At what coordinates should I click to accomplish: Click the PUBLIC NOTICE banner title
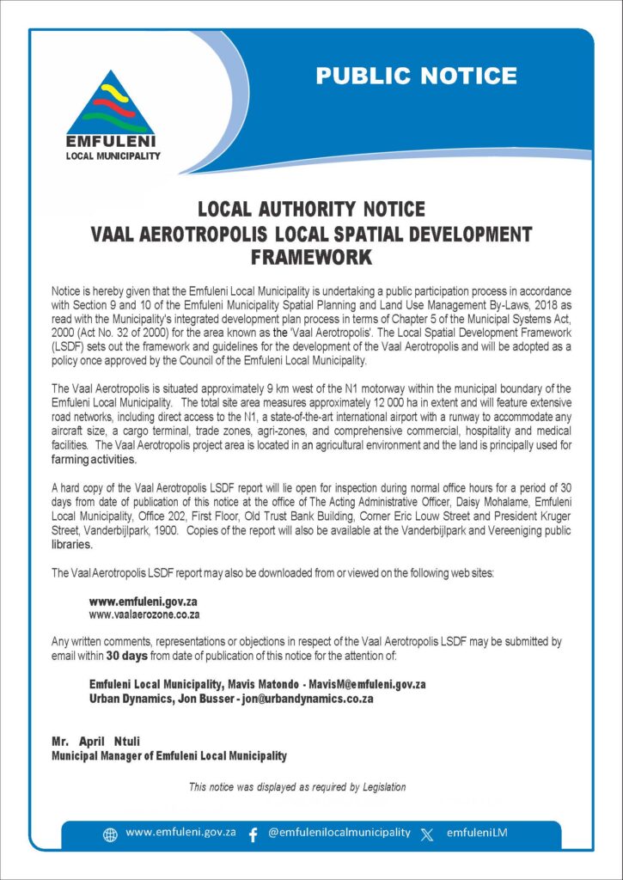[416, 76]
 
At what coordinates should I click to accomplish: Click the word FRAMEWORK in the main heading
[311, 256]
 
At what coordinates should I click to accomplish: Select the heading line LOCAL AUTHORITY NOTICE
[311, 209]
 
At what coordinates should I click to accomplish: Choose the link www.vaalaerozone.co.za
[144, 614]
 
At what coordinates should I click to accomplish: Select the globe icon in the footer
[110, 834]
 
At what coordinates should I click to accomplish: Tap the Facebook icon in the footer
[253, 834]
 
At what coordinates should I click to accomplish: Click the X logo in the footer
[427, 834]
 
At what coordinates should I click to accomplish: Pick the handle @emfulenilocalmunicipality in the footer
[339, 834]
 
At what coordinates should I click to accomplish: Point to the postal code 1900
[166, 531]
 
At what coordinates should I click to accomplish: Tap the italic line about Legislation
[297, 786]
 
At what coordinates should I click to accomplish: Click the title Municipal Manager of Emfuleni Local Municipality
[169, 756]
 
